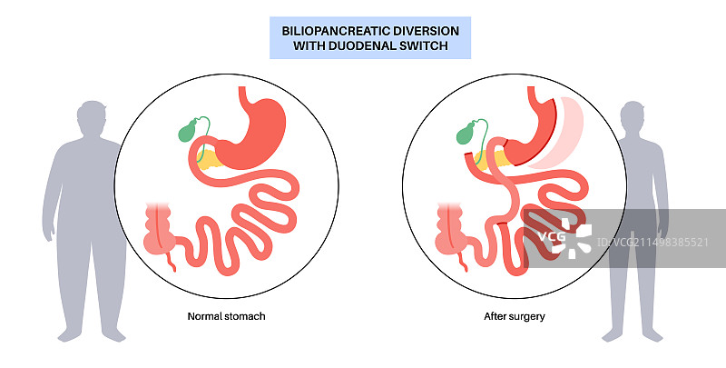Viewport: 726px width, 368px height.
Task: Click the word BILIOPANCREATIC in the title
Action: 325,31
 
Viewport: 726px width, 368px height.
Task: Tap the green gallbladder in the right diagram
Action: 465,135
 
